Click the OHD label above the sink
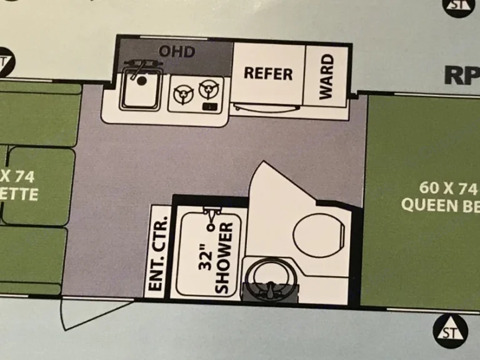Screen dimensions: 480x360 pos(177,51)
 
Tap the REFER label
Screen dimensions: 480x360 pos(268,73)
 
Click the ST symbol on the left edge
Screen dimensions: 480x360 pos(5,61)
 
